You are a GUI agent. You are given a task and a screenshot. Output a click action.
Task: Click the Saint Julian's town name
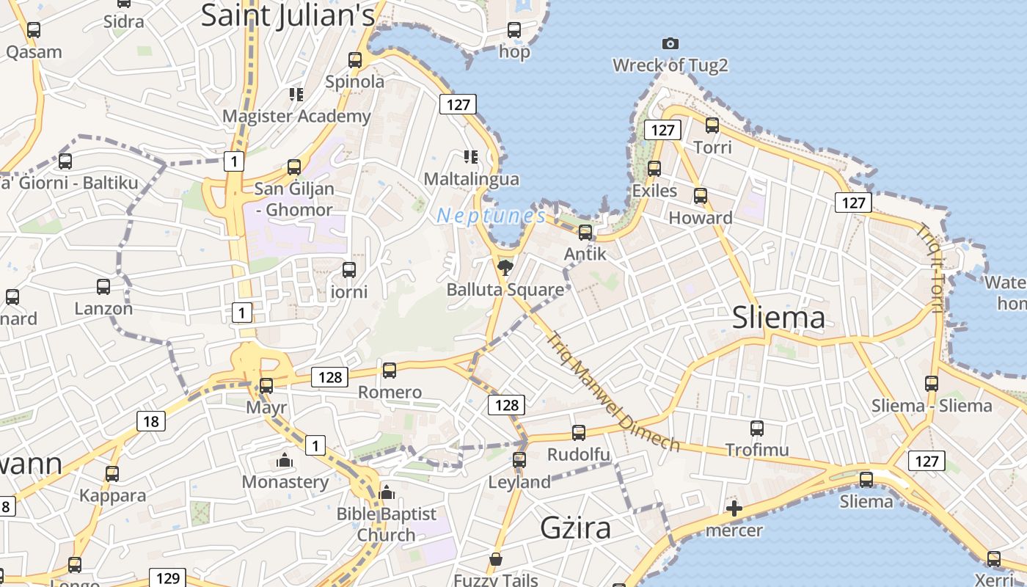(288, 15)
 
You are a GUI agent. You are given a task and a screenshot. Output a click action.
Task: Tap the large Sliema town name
(778, 318)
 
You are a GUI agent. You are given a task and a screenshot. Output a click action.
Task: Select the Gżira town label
(575, 528)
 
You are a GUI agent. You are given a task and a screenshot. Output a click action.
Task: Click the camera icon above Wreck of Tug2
(670, 44)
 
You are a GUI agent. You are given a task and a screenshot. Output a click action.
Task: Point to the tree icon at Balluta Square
(505, 267)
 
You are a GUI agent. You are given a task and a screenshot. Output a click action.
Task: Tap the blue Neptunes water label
(491, 216)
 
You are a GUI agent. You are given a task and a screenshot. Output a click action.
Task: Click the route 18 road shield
(150, 421)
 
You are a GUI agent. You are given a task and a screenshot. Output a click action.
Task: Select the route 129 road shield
(167, 577)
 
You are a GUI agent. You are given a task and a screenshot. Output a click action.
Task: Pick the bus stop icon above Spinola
(355, 59)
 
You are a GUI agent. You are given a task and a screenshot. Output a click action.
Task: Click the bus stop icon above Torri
(712, 125)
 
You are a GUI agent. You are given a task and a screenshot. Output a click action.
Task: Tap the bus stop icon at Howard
(701, 196)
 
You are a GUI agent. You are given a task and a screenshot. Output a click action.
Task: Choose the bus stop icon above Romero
(390, 371)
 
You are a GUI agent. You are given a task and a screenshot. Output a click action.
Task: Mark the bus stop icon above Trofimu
(757, 428)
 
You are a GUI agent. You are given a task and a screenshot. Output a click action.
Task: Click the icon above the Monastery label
(285, 461)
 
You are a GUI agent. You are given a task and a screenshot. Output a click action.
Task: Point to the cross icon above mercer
(734, 508)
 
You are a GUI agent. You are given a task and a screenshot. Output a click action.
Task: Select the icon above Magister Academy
(296, 95)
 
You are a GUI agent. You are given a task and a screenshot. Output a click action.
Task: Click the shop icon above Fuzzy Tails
(496, 560)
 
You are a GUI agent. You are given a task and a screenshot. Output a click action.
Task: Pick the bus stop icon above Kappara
(112, 474)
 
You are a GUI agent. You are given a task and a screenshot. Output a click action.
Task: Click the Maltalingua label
(471, 179)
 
